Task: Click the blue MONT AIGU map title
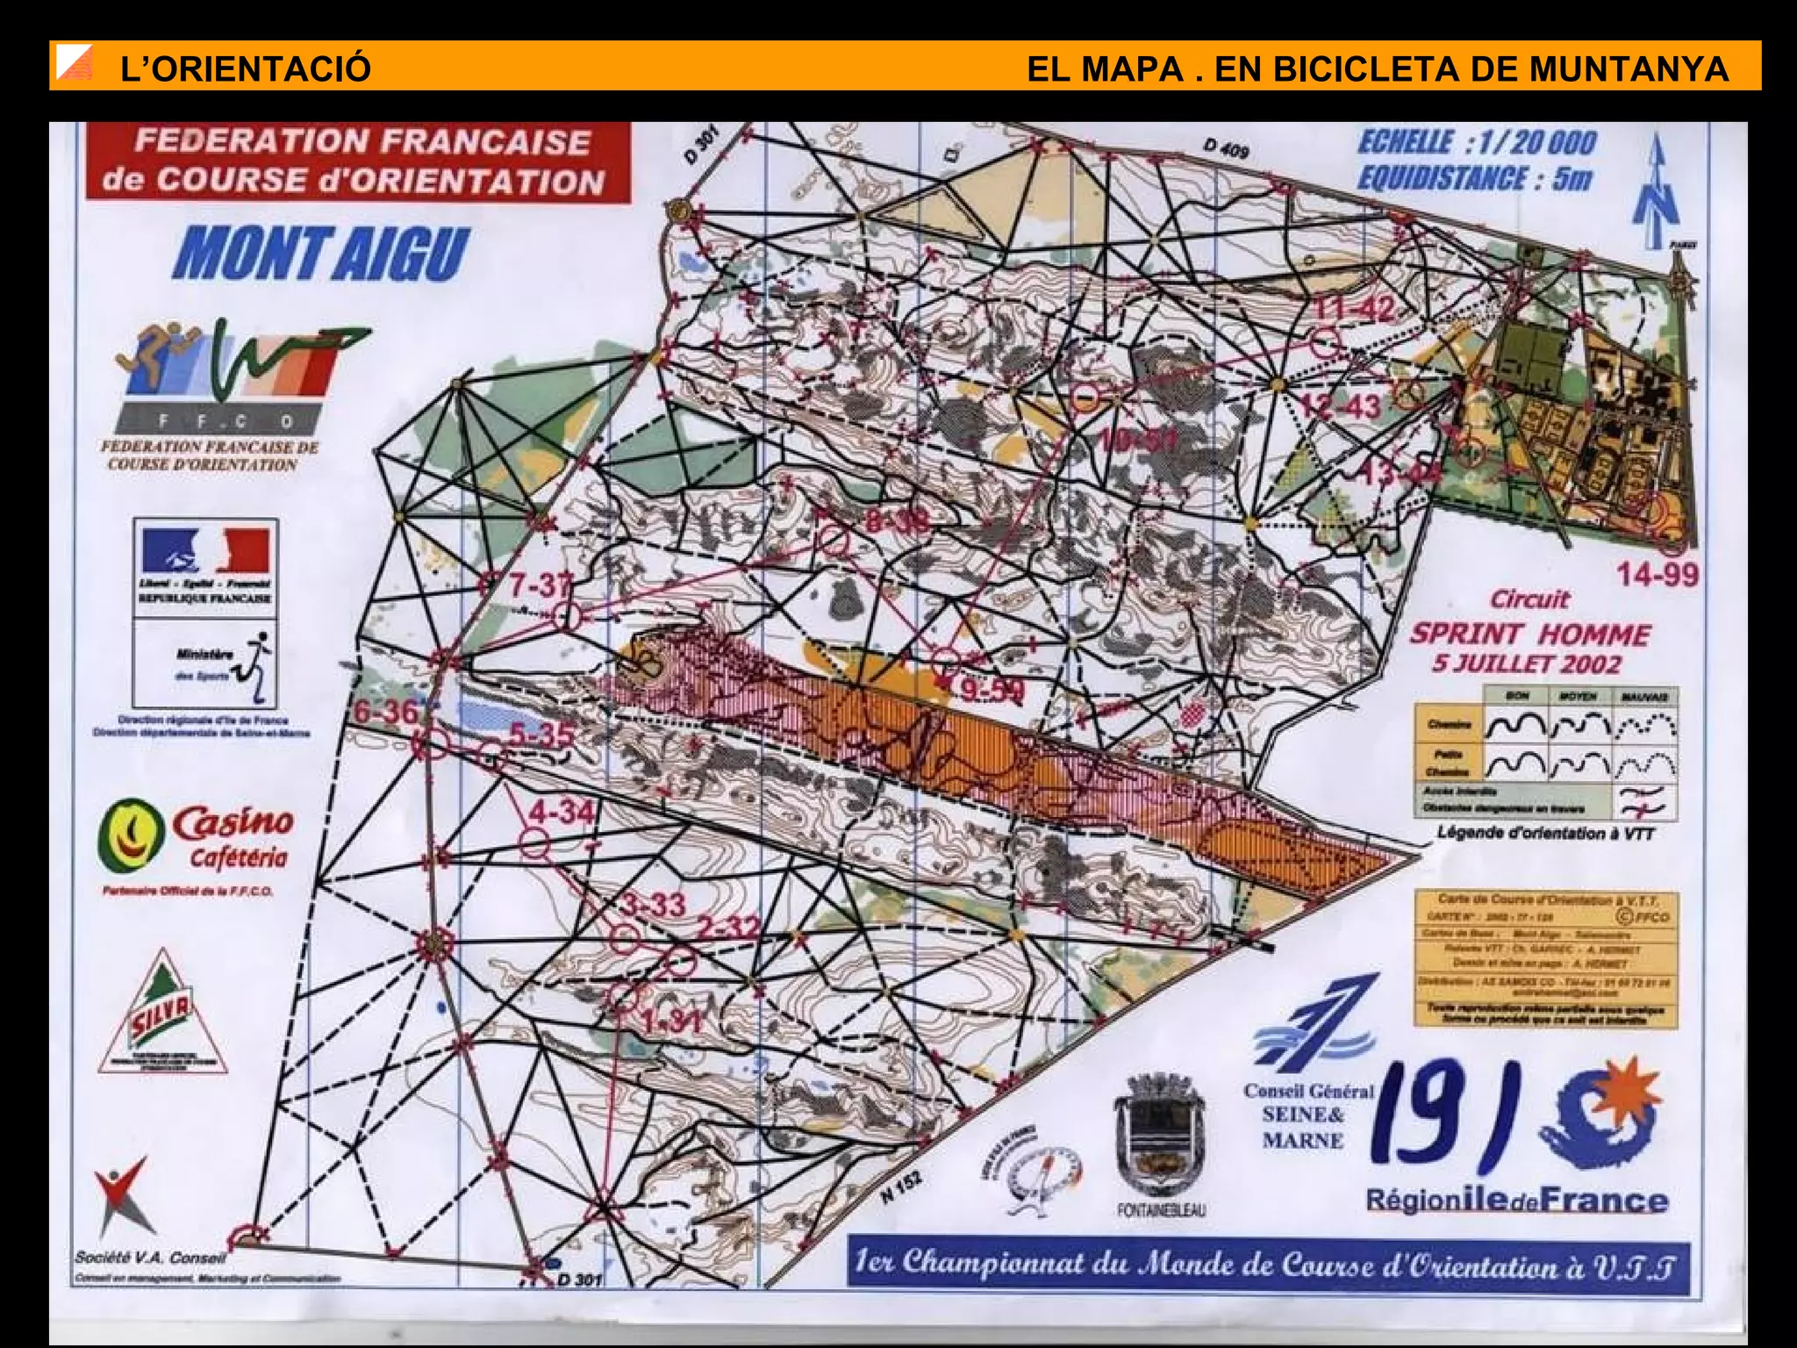tap(322, 254)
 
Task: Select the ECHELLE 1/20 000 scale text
tap(1477, 142)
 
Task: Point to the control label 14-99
tap(1657, 576)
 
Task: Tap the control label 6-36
tap(385, 711)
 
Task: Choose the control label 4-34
tap(562, 811)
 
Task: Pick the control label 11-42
tap(1355, 309)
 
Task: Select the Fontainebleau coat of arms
tap(1159, 1138)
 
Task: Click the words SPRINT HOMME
tap(1530, 634)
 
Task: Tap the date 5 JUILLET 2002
tap(1527, 663)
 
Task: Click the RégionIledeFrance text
tap(1516, 1200)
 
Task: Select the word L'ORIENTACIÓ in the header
tap(246, 68)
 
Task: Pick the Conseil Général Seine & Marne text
tap(1307, 1115)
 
